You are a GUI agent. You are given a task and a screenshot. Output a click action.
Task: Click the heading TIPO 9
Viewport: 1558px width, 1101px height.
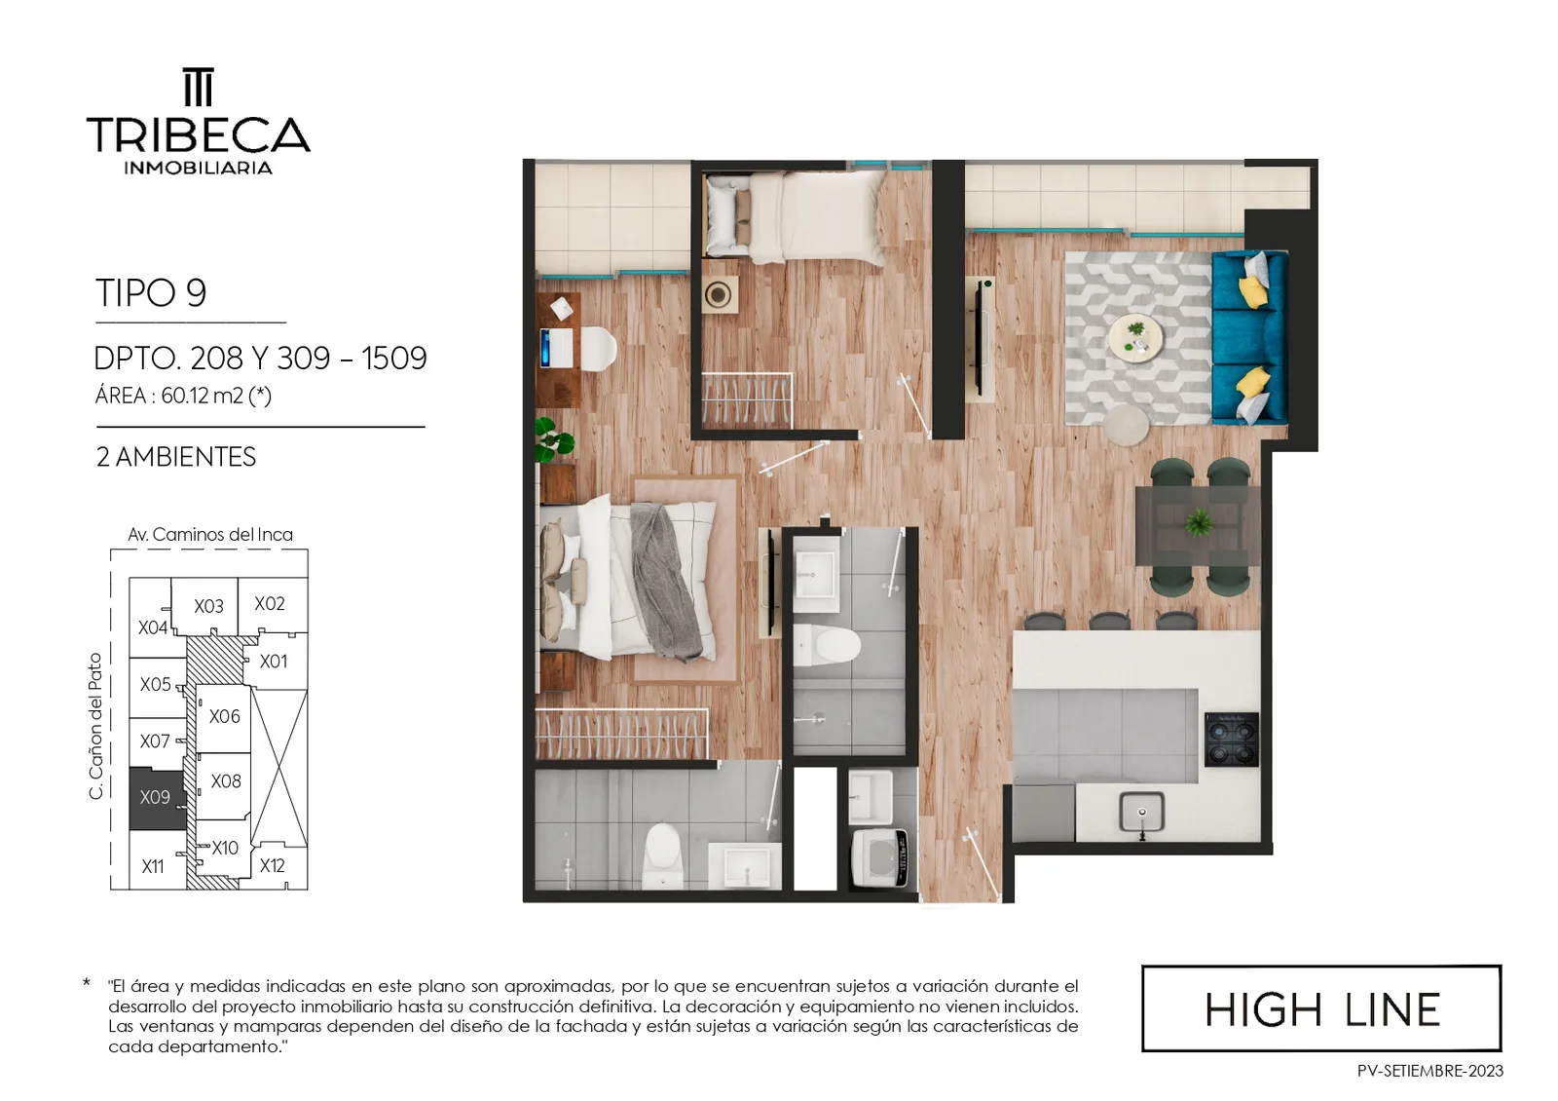(x=151, y=292)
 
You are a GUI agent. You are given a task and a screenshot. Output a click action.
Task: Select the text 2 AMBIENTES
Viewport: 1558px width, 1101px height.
(x=176, y=457)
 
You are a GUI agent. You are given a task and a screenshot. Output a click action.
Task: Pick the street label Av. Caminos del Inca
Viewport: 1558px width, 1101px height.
(x=210, y=535)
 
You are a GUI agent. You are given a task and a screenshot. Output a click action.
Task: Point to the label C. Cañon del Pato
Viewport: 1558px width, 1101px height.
(x=96, y=726)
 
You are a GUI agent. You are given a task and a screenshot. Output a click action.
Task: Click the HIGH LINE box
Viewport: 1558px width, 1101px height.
(x=1321, y=1008)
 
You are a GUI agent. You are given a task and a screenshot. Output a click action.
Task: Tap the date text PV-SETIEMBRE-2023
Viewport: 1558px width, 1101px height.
(x=1430, y=1071)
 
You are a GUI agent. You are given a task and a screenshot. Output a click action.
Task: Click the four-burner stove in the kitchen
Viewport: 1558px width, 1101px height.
(x=1231, y=740)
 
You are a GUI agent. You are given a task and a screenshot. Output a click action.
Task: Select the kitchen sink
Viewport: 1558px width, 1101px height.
(x=1141, y=813)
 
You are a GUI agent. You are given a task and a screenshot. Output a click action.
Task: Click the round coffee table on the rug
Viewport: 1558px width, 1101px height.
(x=1135, y=338)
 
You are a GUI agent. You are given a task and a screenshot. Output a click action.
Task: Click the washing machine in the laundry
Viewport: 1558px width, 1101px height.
(x=879, y=858)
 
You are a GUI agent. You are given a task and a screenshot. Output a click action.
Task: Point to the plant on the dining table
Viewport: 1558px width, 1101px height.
(x=1198, y=522)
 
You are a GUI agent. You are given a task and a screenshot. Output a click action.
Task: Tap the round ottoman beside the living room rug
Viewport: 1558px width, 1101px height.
(x=1126, y=425)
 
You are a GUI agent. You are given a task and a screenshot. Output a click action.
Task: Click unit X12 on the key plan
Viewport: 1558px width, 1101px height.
(x=272, y=866)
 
